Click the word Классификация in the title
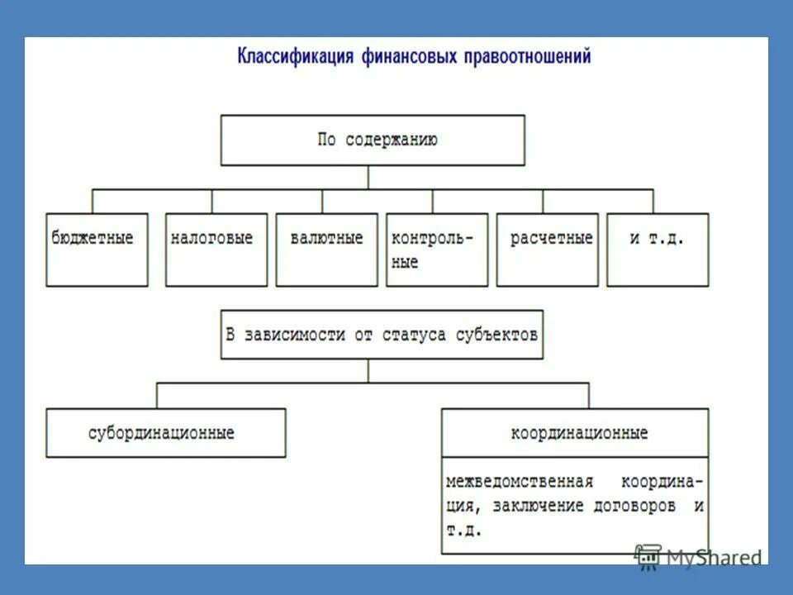tap(297, 57)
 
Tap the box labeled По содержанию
tap(372, 140)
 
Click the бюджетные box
tap(97, 250)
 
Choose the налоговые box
tap(216, 250)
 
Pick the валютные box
tap(326, 250)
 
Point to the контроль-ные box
tap(437, 250)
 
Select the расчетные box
tap(548, 250)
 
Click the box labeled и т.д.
tap(658, 250)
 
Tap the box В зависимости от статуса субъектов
tap(382, 335)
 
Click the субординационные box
tap(165, 433)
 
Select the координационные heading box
tap(575, 433)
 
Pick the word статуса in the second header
tap(417, 335)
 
